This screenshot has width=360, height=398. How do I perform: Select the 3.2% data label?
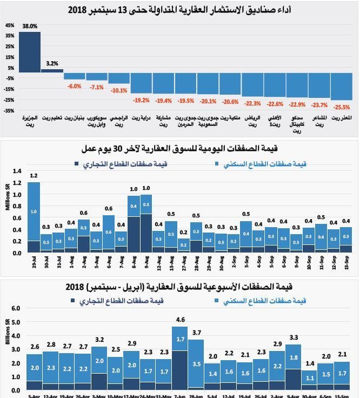coord(52,63)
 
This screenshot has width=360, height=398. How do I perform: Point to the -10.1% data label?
coord(119,90)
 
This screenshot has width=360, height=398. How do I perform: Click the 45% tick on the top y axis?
coord(10,25)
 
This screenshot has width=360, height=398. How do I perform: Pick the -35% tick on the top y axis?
coord(9,111)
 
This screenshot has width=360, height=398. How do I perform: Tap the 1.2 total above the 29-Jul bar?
coord(34,176)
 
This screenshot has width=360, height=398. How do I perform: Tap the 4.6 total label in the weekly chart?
coord(180,320)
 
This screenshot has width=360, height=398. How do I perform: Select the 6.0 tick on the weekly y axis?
coord(16,308)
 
